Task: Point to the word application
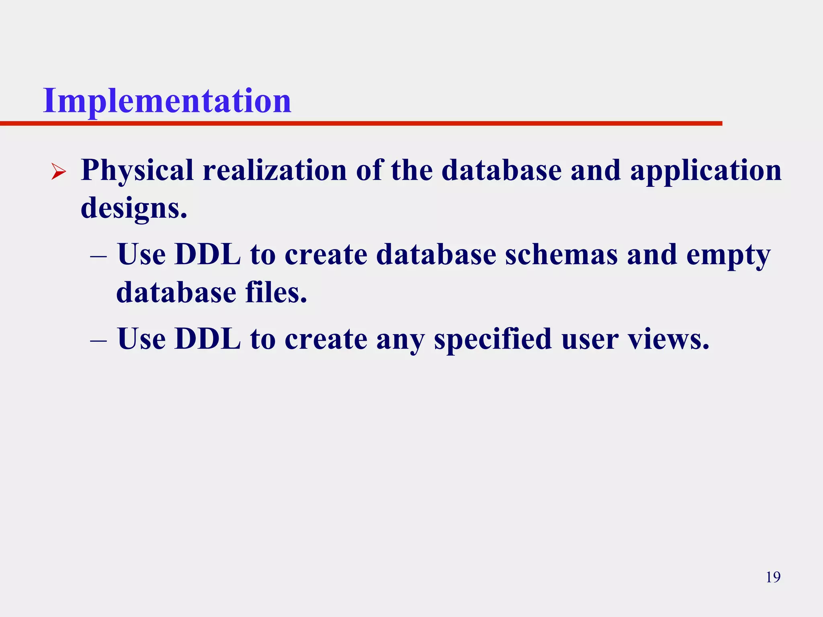(706, 171)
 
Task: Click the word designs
(134, 208)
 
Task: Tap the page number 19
(773, 577)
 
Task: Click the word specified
(493, 339)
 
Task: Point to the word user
(590, 339)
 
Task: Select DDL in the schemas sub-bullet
(208, 255)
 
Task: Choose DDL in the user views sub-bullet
(208, 339)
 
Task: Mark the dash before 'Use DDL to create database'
(98, 256)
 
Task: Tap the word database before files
(176, 292)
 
